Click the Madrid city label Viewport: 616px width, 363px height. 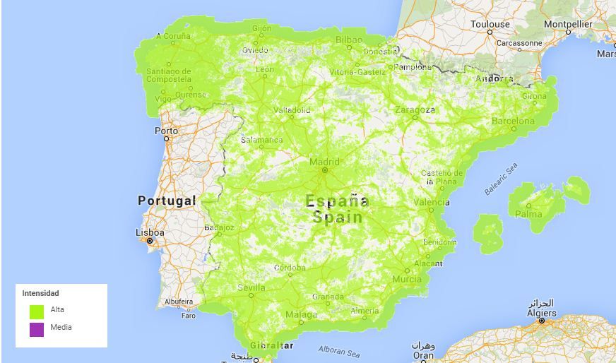pyautogui.click(x=324, y=162)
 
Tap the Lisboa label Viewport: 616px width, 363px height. pyautogui.click(x=150, y=232)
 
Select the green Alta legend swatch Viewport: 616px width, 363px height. pyautogui.click(x=37, y=311)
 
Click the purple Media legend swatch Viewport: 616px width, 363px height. pyautogui.click(x=37, y=329)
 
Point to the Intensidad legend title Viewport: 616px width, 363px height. pyautogui.click(x=41, y=293)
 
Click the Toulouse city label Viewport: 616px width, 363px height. pyautogui.click(x=490, y=24)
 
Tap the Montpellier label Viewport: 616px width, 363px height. pyautogui.click(x=568, y=24)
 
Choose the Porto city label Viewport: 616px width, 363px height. pyautogui.click(x=167, y=131)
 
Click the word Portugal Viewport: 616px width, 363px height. pyautogui.click(x=167, y=201)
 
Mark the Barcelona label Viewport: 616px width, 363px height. pyautogui.click(x=514, y=121)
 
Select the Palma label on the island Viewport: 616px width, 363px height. pyautogui.click(x=528, y=213)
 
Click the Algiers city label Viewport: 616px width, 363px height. pyautogui.click(x=541, y=313)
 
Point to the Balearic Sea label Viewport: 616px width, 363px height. pyautogui.click(x=501, y=179)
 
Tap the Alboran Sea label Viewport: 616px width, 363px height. pyautogui.click(x=339, y=350)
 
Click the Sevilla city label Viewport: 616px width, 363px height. pyautogui.click(x=251, y=287)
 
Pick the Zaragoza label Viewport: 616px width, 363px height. pyautogui.click(x=415, y=109)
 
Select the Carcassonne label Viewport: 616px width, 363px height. pyautogui.click(x=519, y=42)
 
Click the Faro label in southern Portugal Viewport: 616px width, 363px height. pyautogui.click(x=189, y=316)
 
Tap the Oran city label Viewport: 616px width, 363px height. pyautogui.click(x=423, y=356)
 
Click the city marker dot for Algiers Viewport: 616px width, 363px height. pyautogui.click(x=542, y=321)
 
